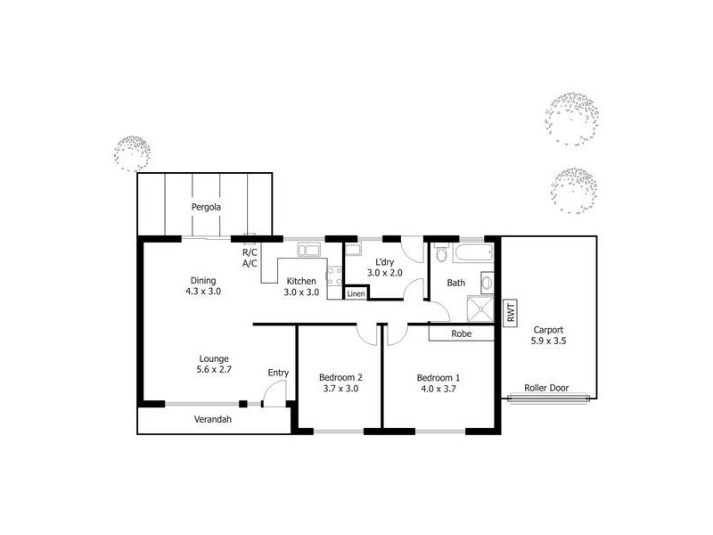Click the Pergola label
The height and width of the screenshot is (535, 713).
[x=206, y=207]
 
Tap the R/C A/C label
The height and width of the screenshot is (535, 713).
[x=250, y=258]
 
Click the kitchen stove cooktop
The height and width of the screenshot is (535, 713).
[x=335, y=277]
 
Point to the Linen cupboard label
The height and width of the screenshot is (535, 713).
[x=356, y=293]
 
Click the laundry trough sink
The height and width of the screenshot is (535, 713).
[x=354, y=250]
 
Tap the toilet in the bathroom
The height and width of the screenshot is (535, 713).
[x=441, y=254]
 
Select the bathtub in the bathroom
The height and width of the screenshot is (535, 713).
[x=471, y=253]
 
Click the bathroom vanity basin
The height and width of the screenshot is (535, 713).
[x=486, y=284]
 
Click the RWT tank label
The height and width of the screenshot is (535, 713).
[x=511, y=313]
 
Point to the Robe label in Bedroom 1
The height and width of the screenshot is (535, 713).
[x=461, y=334]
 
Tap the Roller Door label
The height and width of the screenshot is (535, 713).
[x=546, y=388]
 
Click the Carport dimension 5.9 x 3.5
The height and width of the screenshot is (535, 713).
[x=548, y=340]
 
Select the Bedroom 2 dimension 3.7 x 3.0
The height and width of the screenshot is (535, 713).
[x=340, y=388]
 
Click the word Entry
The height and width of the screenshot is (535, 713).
[x=278, y=373]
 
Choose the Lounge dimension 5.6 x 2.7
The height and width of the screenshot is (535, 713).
[x=214, y=369]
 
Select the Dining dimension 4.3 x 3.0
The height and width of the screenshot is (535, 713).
[x=202, y=291]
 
